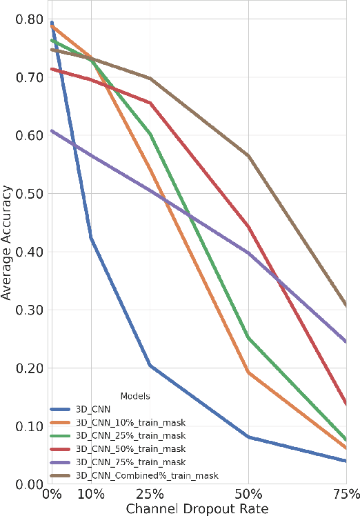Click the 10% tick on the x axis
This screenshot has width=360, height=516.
tap(91, 495)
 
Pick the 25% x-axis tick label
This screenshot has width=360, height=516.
tap(150, 495)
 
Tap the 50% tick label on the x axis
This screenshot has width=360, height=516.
tap(248, 495)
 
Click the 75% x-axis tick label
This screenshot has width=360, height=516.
tap(346, 495)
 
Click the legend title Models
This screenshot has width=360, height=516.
tap(135, 397)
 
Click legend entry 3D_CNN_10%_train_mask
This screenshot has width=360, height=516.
tap(120, 422)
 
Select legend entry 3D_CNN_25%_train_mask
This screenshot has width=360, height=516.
tap(120, 435)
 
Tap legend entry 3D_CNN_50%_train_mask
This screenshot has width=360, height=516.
tap(120, 448)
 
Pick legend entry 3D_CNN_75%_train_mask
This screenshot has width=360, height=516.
tap(120, 462)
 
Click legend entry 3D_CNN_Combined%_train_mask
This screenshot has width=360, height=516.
tap(131, 475)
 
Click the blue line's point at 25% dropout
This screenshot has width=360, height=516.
tap(150, 366)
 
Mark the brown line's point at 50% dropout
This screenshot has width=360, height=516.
tap(248, 156)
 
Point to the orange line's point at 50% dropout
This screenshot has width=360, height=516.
tap(248, 373)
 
